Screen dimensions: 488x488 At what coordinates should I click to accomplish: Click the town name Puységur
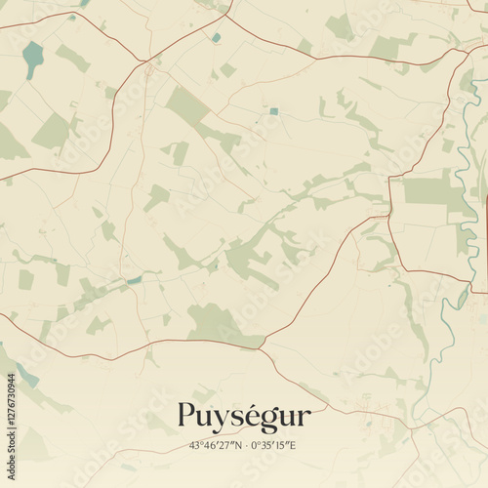point(244,418)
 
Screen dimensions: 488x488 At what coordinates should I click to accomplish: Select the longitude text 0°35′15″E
point(275,446)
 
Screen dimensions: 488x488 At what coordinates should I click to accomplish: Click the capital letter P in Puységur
point(186,417)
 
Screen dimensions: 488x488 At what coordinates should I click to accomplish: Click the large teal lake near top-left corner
point(33,59)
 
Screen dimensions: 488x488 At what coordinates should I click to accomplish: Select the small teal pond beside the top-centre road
point(216,38)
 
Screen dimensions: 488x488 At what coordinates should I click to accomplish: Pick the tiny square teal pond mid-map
point(274,111)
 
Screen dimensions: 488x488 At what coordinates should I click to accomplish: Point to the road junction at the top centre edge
point(226,12)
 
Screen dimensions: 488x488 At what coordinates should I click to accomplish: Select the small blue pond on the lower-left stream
point(134,280)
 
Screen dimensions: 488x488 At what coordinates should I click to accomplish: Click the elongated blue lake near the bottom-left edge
point(27,376)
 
